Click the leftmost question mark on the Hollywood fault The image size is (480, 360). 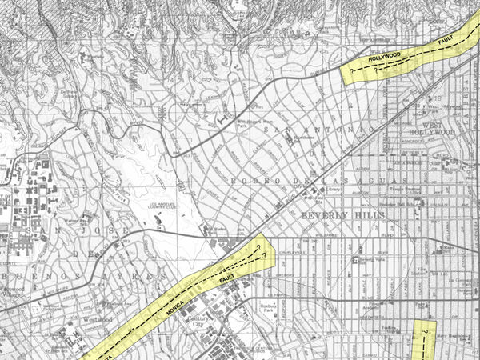click(x=353, y=71)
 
